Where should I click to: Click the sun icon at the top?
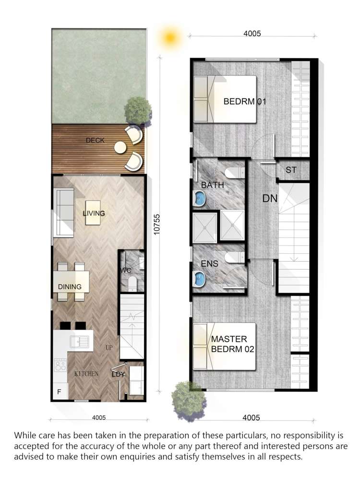[169, 37]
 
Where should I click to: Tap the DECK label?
[95, 141]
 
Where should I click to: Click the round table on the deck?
[120, 148]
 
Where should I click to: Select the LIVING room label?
[94, 213]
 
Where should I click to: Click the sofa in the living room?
[63, 213]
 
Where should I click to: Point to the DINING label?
[70, 287]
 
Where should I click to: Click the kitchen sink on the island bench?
[76, 342]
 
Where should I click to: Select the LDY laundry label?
[119, 374]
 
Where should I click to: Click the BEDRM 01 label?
[244, 102]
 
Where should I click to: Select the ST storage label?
[291, 170]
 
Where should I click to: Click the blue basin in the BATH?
[199, 197]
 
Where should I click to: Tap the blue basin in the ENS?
[199, 278]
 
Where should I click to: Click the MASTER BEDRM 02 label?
[232, 344]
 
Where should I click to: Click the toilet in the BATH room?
[234, 171]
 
